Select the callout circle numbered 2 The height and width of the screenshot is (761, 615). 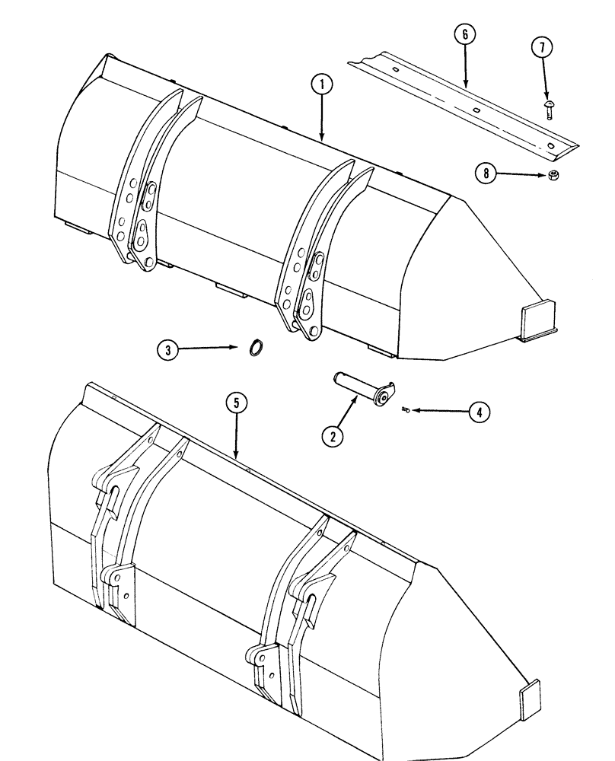(x=332, y=435)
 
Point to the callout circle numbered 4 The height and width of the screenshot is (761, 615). (x=478, y=412)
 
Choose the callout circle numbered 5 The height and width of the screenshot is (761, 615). (x=237, y=403)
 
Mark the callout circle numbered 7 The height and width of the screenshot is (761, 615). (x=542, y=48)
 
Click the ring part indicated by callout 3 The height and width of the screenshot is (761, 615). (x=258, y=348)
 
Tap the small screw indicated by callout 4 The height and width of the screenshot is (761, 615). (x=405, y=411)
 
